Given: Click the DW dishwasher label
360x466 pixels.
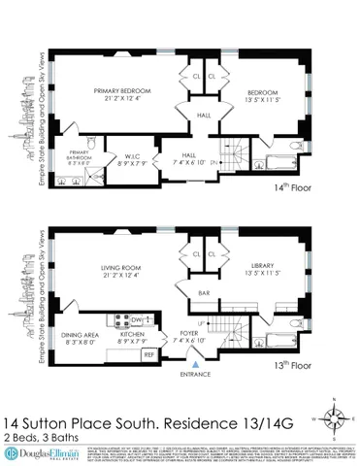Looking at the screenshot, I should click(x=136, y=318).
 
